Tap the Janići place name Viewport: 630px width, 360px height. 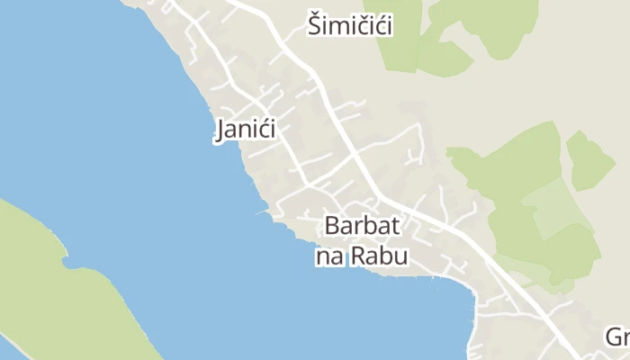pos(246,130)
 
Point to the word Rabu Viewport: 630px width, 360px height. pos(379,256)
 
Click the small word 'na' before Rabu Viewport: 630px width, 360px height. pos(328,257)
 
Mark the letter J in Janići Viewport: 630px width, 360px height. pos(220,130)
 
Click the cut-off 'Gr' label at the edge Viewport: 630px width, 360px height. pos(616,337)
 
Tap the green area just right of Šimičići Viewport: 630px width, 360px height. pos(423,45)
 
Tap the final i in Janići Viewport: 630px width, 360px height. pos(273,130)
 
